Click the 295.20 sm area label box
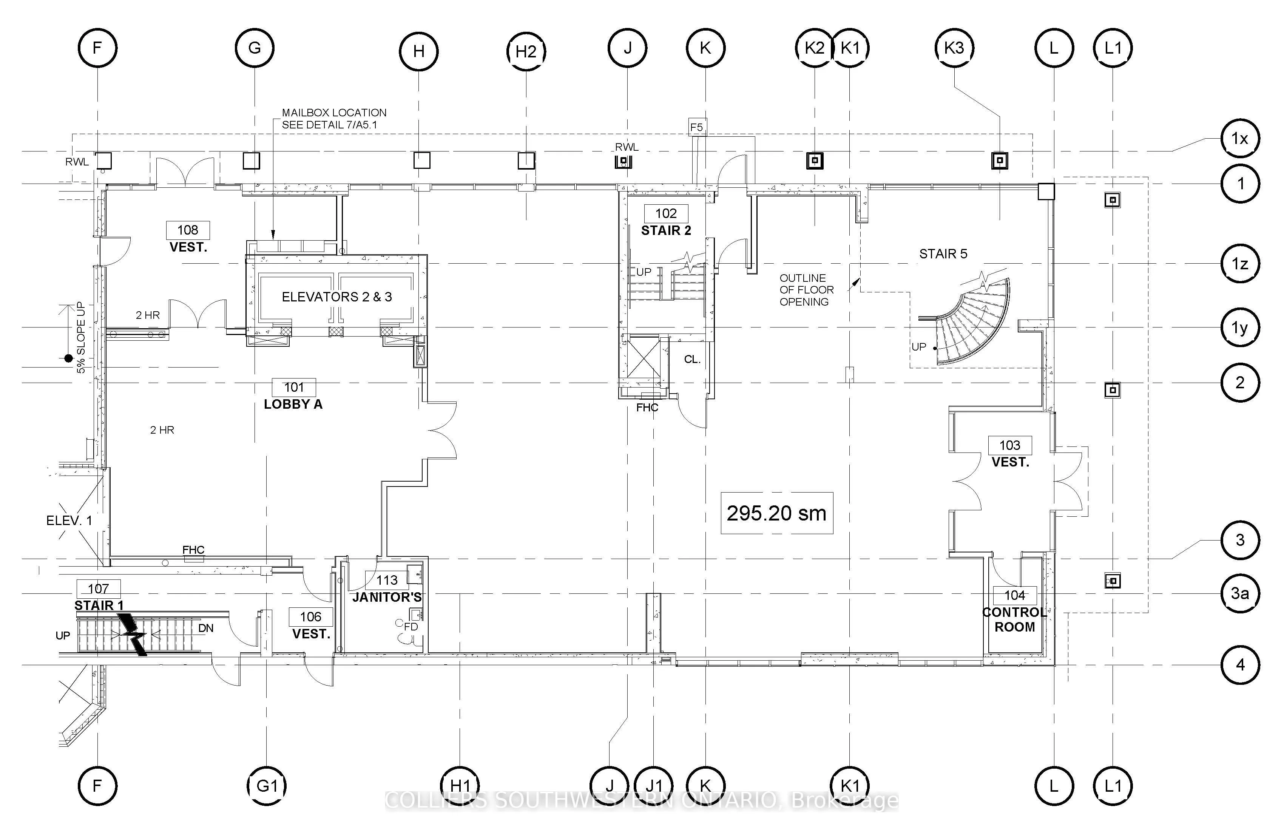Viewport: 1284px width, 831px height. pos(777,513)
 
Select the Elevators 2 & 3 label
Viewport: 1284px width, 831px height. pos(336,297)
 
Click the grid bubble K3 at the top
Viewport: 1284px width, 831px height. pos(954,48)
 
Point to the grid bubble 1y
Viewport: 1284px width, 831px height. pos(1240,327)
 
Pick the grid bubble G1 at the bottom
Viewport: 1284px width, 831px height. pos(267,786)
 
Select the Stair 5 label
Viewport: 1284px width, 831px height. pos(943,253)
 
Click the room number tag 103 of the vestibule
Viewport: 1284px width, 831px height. pos(1010,445)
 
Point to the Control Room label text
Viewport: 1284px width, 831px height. pos(1015,619)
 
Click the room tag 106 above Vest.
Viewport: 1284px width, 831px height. pos(311,617)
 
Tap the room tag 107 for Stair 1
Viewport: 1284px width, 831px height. pos(99,588)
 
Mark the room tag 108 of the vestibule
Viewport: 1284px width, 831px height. pos(188,230)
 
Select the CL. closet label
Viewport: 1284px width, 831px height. pos(692,359)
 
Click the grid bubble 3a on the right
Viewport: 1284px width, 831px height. pos(1240,593)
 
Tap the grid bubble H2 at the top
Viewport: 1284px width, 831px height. pos(526,51)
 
